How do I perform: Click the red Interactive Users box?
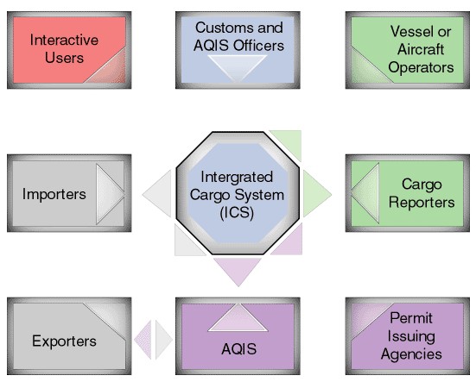(69, 50)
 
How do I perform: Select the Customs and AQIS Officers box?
(238, 50)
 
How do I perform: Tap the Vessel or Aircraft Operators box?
(408, 50)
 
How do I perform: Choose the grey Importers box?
(69, 193)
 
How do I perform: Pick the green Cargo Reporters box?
(408, 193)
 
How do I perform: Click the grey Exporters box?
(69, 336)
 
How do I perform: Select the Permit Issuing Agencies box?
(408, 336)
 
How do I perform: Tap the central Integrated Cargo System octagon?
(238, 193)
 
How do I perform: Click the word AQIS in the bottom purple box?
(239, 349)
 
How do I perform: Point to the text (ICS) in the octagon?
(237, 213)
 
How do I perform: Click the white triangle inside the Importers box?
(110, 194)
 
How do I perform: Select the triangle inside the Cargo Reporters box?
(365, 193)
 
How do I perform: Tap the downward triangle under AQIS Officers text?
(238, 68)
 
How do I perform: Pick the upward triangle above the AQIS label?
(238, 318)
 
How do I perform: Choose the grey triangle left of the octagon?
(157, 193)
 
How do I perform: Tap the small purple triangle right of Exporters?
(144, 340)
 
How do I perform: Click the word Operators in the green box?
(421, 67)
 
